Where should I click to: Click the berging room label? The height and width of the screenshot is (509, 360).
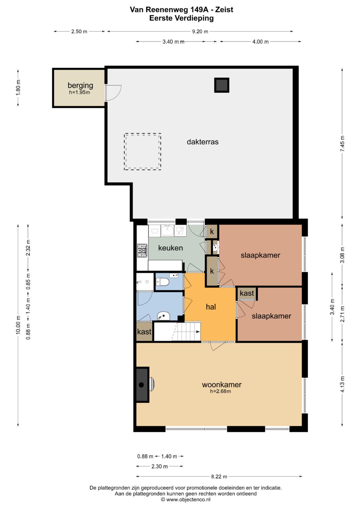(x=80, y=85)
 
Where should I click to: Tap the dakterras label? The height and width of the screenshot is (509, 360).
(x=203, y=142)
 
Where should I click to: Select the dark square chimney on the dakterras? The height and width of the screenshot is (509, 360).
(x=222, y=85)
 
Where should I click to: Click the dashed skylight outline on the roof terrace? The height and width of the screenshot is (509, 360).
(x=143, y=133)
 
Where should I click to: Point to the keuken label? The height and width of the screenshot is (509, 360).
(x=170, y=248)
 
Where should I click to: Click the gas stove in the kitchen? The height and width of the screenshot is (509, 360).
(x=142, y=251)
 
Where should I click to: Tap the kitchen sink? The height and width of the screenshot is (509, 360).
(x=167, y=230)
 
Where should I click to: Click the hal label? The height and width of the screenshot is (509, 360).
(x=211, y=307)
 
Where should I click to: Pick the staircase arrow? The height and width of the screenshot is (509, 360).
(x=198, y=332)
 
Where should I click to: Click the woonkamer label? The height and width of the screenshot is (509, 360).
(x=222, y=384)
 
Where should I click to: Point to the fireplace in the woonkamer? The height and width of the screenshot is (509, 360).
(x=143, y=385)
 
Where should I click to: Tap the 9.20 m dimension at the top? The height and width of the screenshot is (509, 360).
(x=200, y=31)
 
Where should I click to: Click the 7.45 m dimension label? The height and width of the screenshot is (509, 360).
(x=342, y=143)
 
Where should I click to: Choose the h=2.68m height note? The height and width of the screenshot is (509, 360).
(x=220, y=391)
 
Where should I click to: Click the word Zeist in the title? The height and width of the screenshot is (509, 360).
(x=224, y=10)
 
